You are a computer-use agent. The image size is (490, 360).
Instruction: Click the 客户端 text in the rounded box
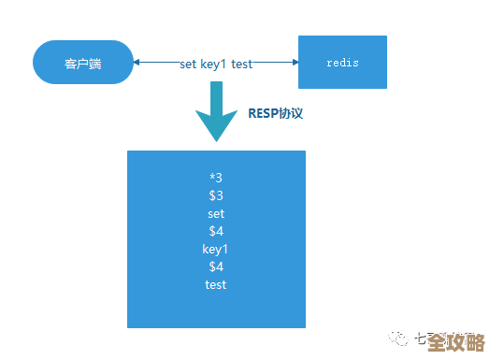82,64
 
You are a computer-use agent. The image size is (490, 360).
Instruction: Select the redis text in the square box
342,63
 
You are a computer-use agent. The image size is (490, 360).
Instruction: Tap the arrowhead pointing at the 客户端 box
137,63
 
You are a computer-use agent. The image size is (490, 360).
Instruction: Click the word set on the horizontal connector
189,64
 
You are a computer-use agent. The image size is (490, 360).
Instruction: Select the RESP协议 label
276,112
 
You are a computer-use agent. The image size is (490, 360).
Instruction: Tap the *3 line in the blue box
216,178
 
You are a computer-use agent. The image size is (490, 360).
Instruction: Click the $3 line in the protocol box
216,195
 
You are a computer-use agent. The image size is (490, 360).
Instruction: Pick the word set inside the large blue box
216,213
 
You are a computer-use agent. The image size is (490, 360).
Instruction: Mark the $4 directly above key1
216,231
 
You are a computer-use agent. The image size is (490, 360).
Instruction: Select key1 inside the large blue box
216,249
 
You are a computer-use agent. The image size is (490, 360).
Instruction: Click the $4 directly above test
216,266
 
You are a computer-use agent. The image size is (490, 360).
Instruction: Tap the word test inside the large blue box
216,284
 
